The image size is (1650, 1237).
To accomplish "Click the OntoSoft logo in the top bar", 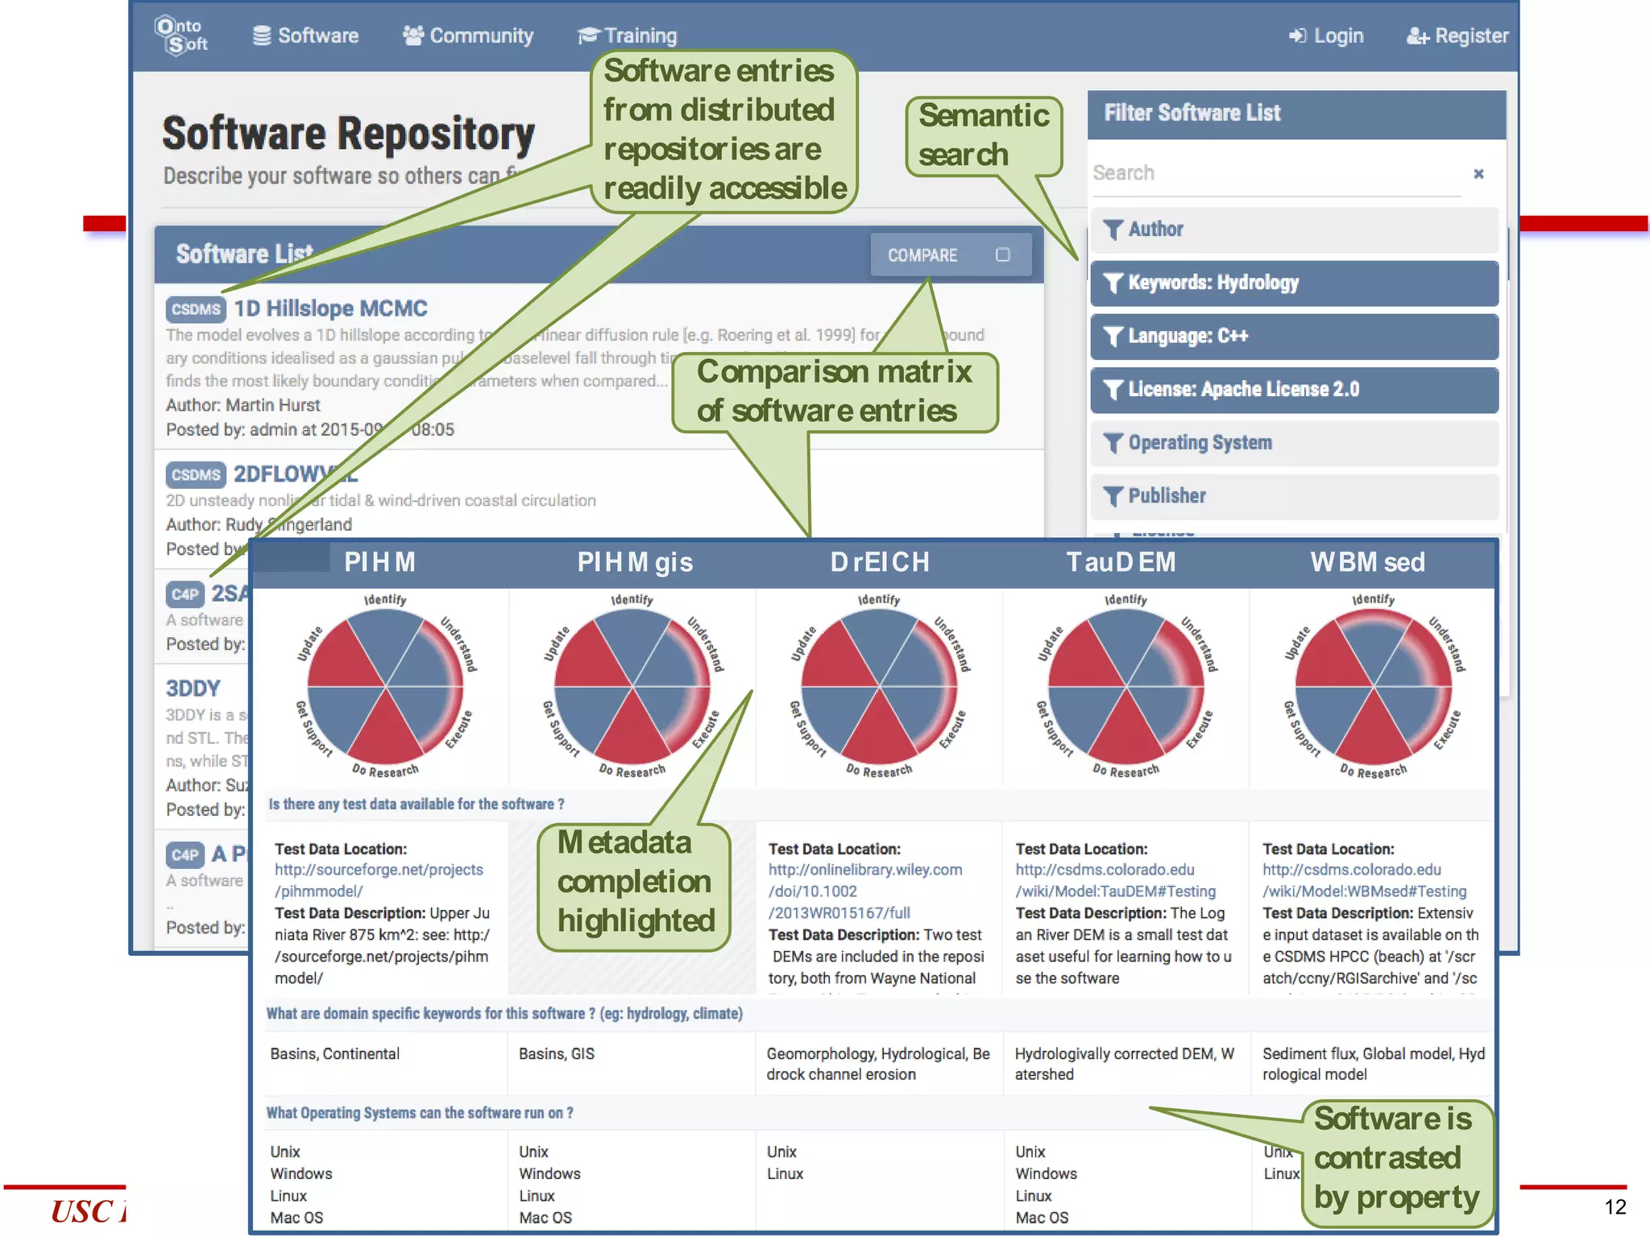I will [x=181, y=35].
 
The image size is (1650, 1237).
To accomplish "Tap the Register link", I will [x=1457, y=35].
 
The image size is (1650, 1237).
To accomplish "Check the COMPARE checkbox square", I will [x=1002, y=255].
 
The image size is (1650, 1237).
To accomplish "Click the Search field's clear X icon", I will [x=1478, y=174].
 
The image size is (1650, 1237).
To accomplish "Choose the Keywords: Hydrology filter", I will [x=1294, y=283].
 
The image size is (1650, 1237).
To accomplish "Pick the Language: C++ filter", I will [x=1294, y=336].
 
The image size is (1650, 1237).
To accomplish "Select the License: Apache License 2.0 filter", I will [x=1294, y=390].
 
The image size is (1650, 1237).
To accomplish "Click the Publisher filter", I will [x=1294, y=496].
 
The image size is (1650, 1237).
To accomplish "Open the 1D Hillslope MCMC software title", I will [x=330, y=308].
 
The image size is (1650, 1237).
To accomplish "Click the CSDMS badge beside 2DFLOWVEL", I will [x=196, y=474].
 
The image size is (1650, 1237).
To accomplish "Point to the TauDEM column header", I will [x=1121, y=562].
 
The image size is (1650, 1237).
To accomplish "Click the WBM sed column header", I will [x=1367, y=562].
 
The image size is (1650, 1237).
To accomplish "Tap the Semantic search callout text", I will [x=983, y=135].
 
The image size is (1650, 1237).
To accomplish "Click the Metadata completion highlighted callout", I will [x=635, y=882].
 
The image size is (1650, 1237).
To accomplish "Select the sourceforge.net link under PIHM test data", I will [x=379, y=880].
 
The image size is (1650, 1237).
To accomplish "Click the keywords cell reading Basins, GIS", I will [x=556, y=1054].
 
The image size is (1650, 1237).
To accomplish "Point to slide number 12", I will [x=1615, y=1206].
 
